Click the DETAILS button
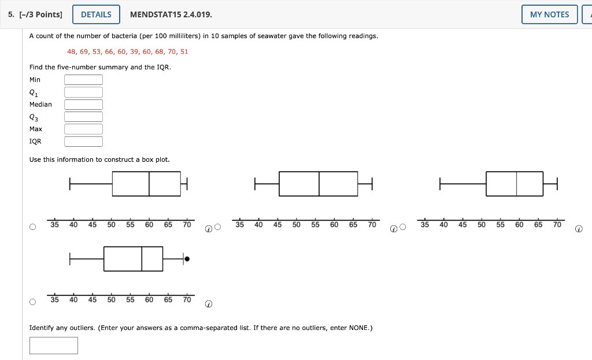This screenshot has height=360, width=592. click(x=96, y=14)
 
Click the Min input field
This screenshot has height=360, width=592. click(x=83, y=80)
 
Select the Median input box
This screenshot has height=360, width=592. click(x=83, y=105)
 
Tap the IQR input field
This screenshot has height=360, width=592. click(x=83, y=142)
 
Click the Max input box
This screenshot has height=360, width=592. click(x=83, y=129)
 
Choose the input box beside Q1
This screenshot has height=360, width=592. click(x=83, y=92)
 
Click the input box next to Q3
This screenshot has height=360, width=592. click(x=83, y=117)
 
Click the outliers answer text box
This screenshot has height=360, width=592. click(x=54, y=346)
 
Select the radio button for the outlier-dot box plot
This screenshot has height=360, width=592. click(x=32, y=302)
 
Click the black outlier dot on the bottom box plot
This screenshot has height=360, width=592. click(x=187, y=259)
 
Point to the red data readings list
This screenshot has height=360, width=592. click(x=128, y=51)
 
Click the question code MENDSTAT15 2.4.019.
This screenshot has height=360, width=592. click(x=167, y=14)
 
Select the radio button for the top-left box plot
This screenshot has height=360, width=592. click(x=32, y=227)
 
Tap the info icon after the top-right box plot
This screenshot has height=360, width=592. click(x=579, y=229)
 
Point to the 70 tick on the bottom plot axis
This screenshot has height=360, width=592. click(x=187, y=300)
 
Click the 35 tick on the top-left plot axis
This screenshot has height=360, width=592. click(x=54, y=225)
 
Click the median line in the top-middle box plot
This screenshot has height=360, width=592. click(x=319, y=184)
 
